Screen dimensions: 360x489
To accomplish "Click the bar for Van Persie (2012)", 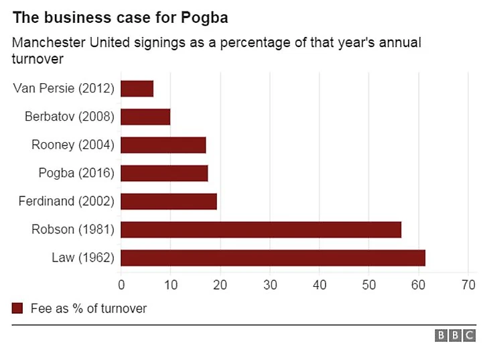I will click(137, 88).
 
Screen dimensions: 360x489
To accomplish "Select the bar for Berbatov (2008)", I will click(145, 117).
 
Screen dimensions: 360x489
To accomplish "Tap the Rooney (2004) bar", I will click(163, 145).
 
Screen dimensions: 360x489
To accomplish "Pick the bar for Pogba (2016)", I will click(164, 173).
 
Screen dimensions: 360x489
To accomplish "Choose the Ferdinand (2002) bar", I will click(169, 201).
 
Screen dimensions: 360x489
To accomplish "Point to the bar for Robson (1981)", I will click(261, 229).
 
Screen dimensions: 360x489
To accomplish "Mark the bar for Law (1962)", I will click(273, 257).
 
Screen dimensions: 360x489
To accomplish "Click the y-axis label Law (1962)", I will click(83, 258).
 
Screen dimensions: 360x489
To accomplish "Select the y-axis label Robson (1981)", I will click(73, 230).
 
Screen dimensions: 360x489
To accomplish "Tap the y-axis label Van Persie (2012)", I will click(64, 88).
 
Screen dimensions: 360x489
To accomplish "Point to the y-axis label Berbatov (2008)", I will click(70, 117).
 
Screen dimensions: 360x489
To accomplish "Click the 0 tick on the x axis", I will click(121, 285).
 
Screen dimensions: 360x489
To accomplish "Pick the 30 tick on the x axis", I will click(270, 285).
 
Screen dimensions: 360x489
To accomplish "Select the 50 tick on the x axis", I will click(369, 285).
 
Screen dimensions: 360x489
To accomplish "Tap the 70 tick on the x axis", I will click(468, 285).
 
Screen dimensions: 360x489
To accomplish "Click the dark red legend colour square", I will click(17, 308).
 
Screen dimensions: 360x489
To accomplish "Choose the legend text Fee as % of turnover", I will click(88, 309).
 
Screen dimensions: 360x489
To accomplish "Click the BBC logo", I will click(456, 336).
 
